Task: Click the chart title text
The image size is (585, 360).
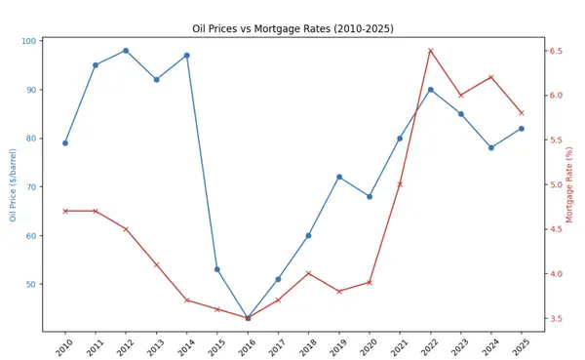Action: [x=292, y=29]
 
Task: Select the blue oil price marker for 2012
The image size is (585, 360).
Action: [x=126, y=51]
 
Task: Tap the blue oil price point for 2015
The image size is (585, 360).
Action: [x=216, y=269]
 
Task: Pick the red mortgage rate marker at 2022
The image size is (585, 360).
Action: [x=430, y=51]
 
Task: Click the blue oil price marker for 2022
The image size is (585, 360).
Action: [x=430, y=90]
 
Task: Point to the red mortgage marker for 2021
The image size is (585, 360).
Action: [x=400, y=184]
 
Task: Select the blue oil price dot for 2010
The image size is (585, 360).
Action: [x=65, y=143]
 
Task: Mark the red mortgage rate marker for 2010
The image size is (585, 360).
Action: [x=65, y=211]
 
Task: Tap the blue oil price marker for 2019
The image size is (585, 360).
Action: [x=339, y=177]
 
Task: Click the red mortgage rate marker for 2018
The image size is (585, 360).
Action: [x=308, y=273]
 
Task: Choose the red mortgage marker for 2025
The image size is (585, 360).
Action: [x=522, y=113]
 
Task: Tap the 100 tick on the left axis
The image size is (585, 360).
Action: [x=29, y=41]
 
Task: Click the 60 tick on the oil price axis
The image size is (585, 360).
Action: [x=32, y=236]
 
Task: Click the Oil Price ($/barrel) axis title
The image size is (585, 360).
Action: [x=14, y=185]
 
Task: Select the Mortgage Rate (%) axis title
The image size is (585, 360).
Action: [x=570, y=185]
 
